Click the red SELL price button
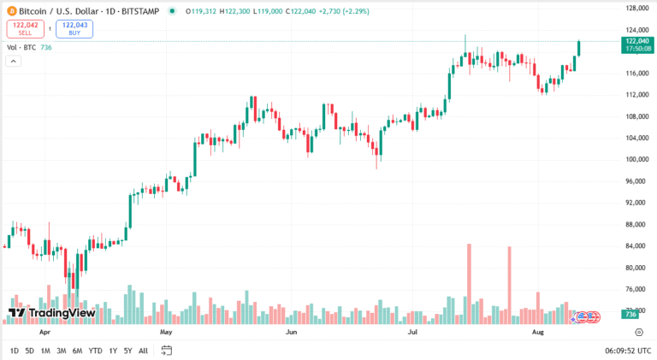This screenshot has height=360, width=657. tap(27, 29)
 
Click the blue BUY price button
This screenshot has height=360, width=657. tap(74, 29)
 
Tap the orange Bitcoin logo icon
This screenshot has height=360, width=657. tap(11, 11)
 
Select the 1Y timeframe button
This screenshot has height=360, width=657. tap(113, 351)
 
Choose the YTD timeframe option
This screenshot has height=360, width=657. tap(95, 351)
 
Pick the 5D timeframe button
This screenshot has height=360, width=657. tap(29, 351)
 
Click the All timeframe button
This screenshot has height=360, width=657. tap(143, 351)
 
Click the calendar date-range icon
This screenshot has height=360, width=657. tap(167, 351)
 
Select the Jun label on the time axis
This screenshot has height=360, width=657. tap(291, 329)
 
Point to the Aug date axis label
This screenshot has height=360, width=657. tap(538, 329)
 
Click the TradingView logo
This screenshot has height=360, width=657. tap(51, 313)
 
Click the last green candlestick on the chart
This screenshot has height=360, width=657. tap(580, 48)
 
